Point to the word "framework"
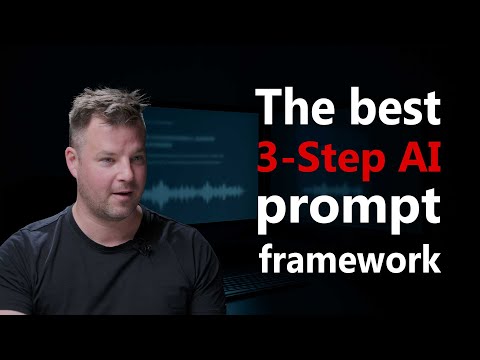coord(349,259)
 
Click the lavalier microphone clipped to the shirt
coord(144,248)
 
